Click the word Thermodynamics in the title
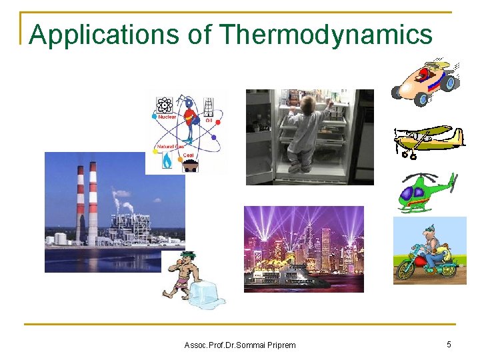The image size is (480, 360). click(x=325, y=34)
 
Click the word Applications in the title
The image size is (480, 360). click(x=104, y=35)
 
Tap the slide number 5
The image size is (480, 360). click(x=449, y=344)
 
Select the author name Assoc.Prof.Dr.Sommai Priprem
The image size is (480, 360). click(x=239, y=345)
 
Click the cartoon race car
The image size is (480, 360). click(x=426, y=80)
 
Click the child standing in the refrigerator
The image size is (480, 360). click(x=304, y=133)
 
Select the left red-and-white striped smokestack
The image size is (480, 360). click(x=79, y=203)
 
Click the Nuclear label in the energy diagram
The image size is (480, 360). click(x=167, y=116)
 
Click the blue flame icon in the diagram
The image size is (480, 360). click(x=167, y=160)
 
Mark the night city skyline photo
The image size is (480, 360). click(x=303, y=248)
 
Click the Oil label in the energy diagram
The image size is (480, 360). click(x=208, y=121)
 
